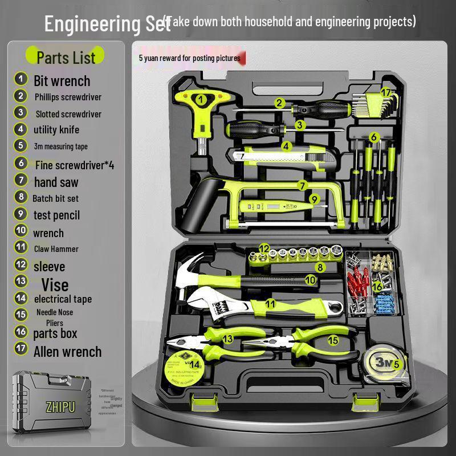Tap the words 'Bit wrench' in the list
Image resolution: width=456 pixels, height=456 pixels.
(62, 81)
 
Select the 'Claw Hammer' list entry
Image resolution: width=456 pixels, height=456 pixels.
(55, 249)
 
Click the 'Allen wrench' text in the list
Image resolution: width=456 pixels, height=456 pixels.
(67, 352)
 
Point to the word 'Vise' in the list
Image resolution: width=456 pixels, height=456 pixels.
(55, 284)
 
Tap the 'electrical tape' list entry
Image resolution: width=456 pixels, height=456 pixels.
(63, 299)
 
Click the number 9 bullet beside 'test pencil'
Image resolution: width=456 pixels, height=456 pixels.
(21, 214)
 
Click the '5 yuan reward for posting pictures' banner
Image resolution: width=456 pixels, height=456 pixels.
(189, 58)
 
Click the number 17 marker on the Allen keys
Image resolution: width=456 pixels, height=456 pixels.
(386, 92)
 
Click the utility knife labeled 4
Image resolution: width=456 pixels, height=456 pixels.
(274, 153)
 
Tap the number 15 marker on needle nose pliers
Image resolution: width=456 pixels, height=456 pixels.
(333, 340)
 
